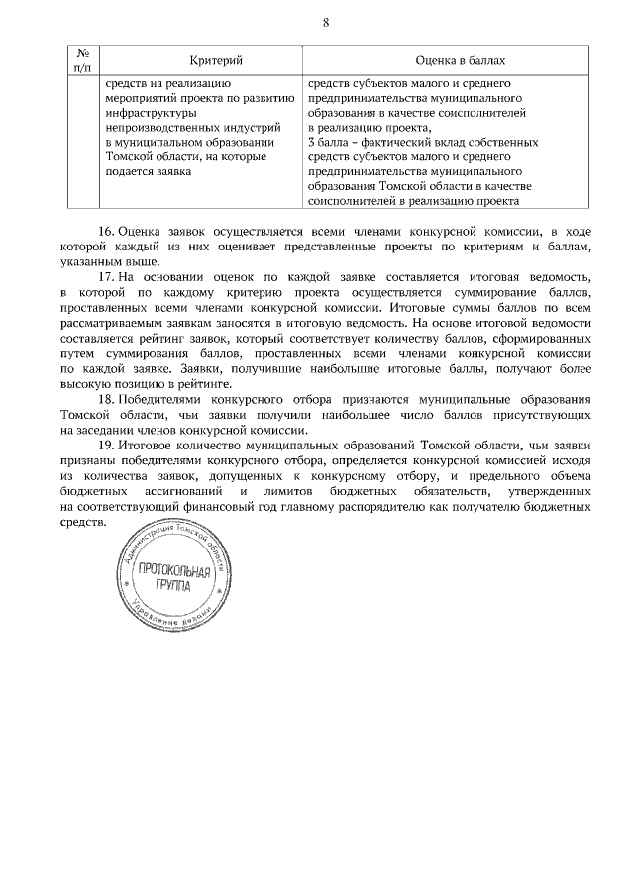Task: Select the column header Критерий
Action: [187, 61]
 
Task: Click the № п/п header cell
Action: [84, 61]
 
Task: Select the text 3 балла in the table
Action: [329, 143]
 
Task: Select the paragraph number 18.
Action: [106, 398]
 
